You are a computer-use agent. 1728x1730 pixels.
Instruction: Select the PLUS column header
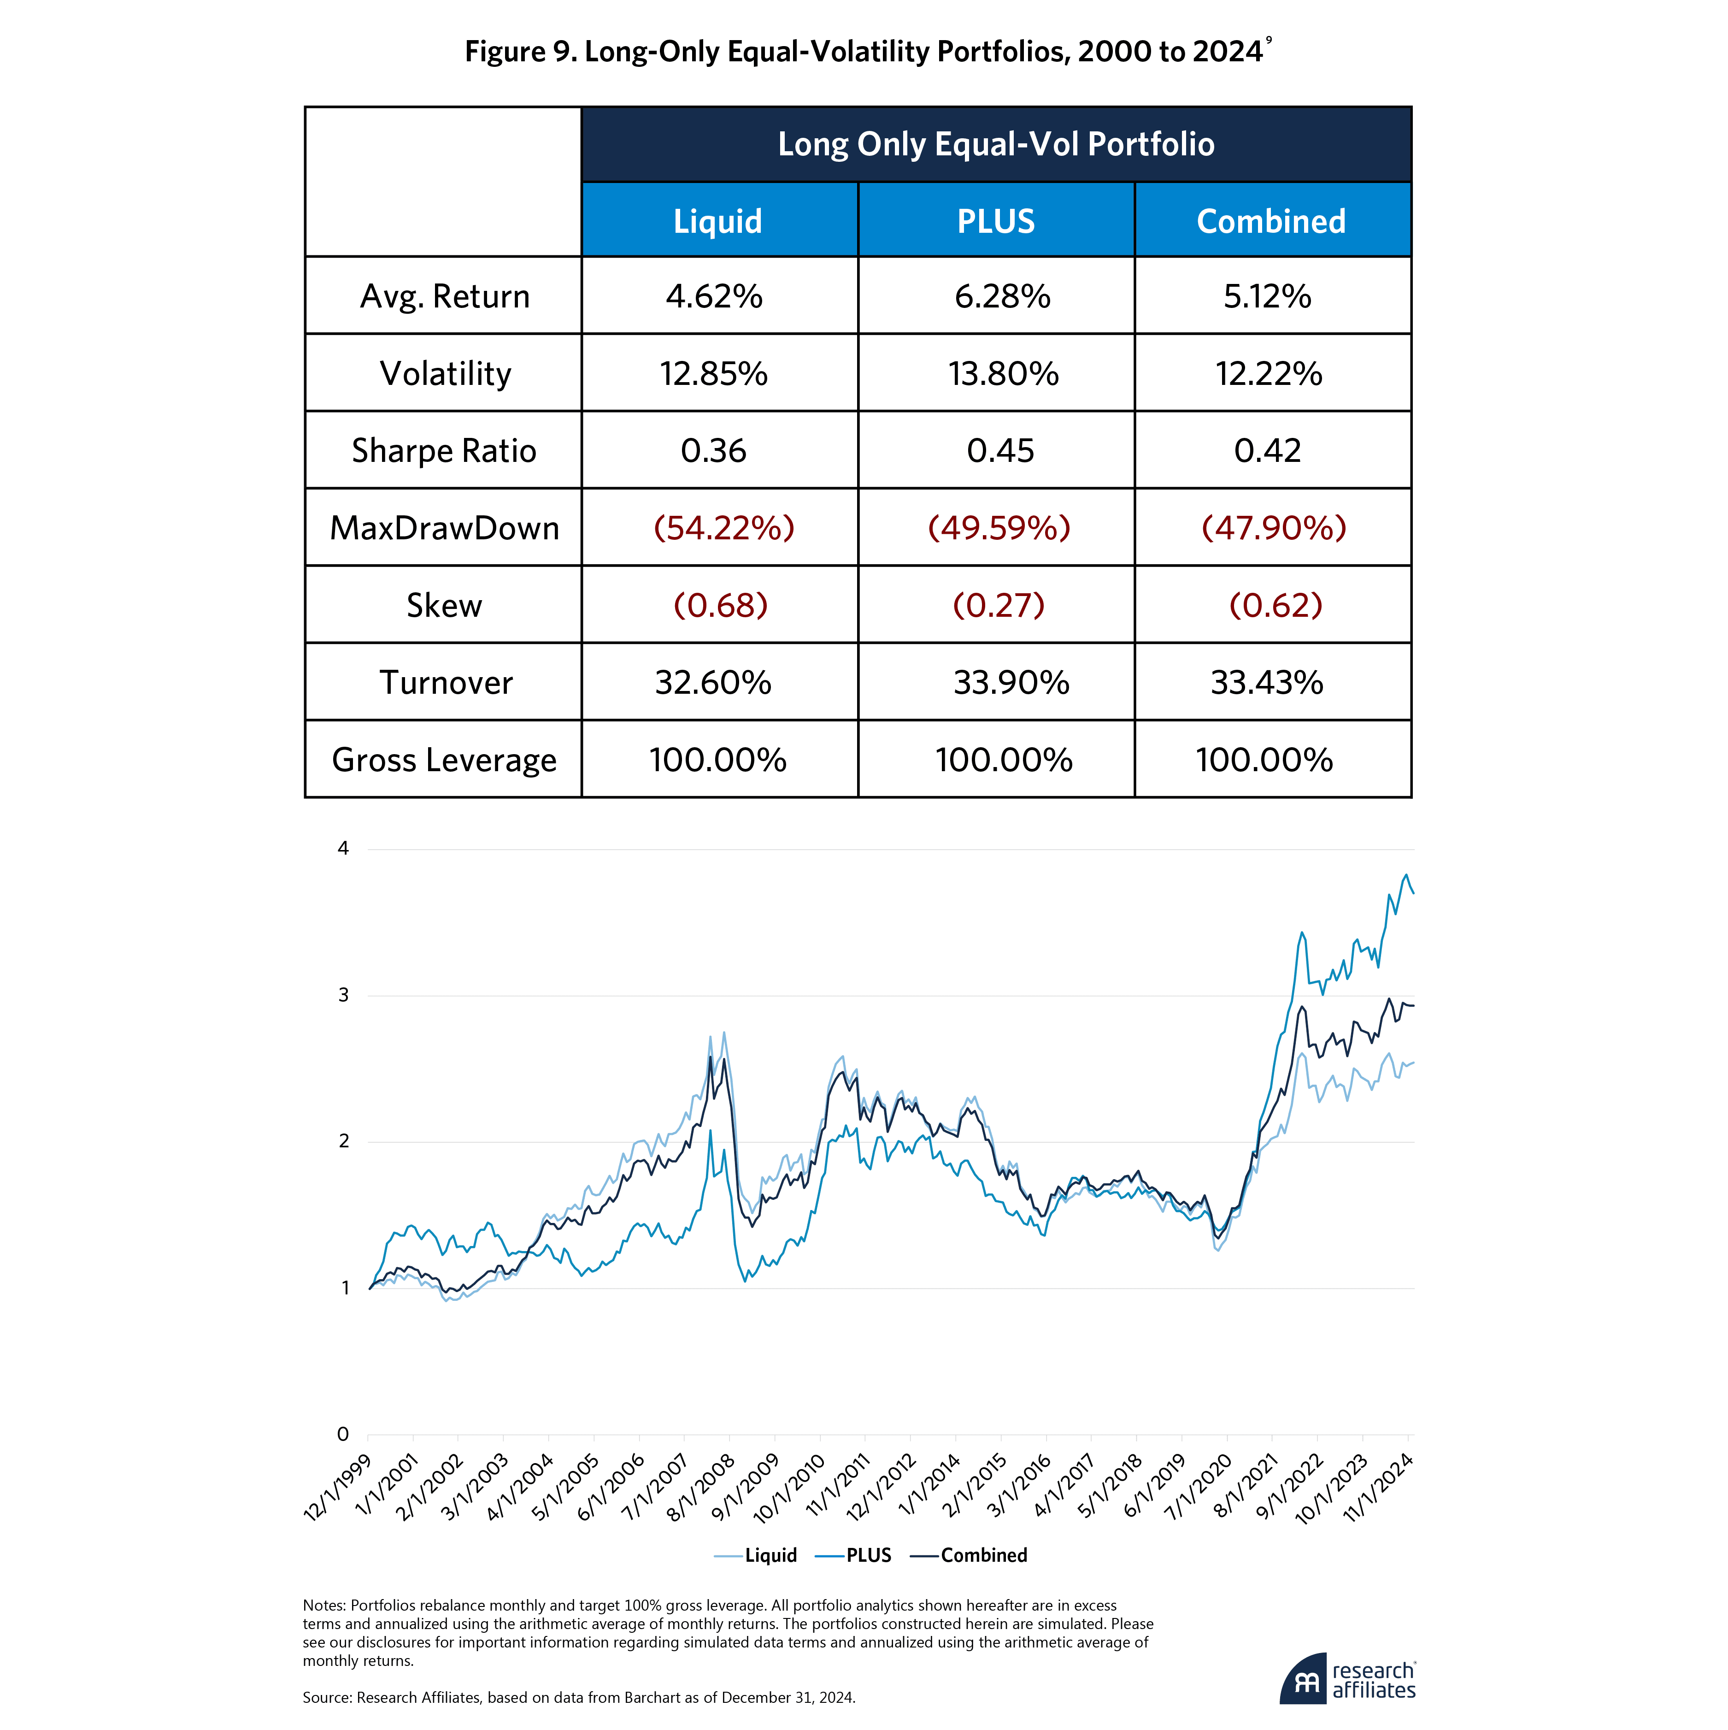click(x=996, y=221)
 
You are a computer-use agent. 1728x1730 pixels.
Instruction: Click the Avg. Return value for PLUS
click(x=1002, y=296)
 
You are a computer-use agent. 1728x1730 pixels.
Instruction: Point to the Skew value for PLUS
click(x=998, y=605)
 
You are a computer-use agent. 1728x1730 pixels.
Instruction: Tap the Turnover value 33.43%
click(x=1267, y=682)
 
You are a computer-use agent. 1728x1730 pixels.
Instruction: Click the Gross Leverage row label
click(x=444, y=760)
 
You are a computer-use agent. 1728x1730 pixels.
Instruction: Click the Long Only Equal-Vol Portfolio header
click(x=996, y=144)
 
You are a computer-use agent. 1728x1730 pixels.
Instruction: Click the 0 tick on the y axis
click(x=343, y=1434)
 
